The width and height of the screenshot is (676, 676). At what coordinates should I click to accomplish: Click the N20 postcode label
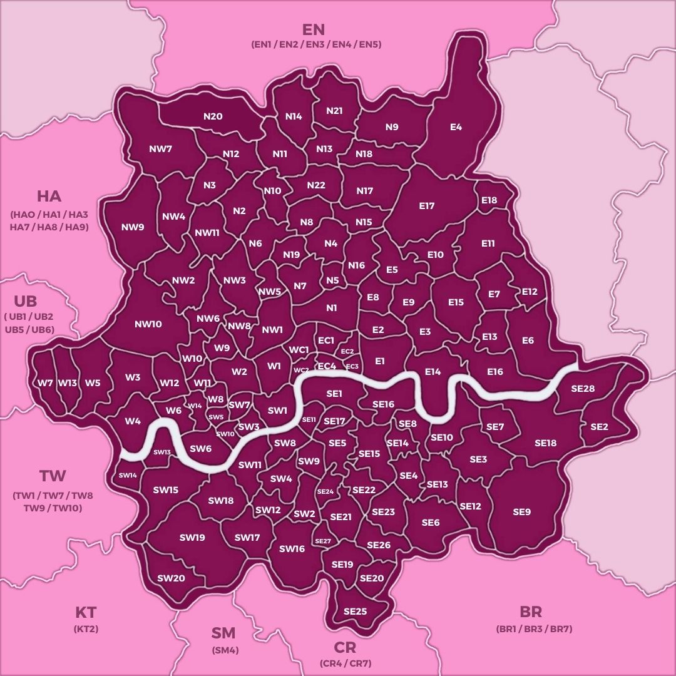coord(213,116)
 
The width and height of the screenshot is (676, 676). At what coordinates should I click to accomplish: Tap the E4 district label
coord(456,127)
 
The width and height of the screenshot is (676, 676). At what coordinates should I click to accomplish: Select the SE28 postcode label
coord(583,389)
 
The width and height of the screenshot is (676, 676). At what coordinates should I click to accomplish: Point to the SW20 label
coord(171,578)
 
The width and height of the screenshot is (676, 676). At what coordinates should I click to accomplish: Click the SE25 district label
coord(355,611)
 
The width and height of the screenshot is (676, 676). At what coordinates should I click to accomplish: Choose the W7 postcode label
coord(44,383)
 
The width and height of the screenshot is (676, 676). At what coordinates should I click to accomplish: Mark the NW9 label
coord(133,227)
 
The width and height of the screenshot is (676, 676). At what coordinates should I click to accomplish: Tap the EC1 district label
coord(326,341)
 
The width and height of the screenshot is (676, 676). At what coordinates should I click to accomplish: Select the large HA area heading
coord(49,196)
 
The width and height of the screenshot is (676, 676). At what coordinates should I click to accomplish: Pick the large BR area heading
coord(531,612)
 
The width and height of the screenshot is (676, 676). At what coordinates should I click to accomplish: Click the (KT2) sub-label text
coord(86,629)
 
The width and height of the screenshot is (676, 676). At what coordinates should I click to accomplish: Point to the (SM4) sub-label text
coord(225,650)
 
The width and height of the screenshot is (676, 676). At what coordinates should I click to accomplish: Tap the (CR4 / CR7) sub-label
coord(345,663)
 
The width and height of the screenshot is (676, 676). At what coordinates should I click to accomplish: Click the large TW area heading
coord(53,476)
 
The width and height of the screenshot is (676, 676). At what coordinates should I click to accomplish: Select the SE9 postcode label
coord(521,512)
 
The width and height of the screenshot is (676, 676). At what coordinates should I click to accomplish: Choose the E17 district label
coord(427,206)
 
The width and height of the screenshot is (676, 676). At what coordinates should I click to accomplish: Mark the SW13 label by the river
coord(162,452)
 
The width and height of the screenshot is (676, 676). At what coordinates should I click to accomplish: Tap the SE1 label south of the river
coord(334,394)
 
